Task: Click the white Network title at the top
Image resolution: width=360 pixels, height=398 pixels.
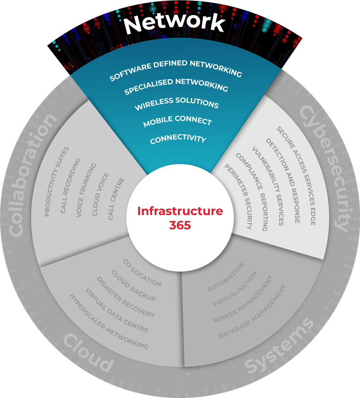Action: point(174,23)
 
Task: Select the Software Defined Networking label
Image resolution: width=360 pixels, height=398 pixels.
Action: point(176,70)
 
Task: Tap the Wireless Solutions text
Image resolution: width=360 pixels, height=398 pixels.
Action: point(176,104)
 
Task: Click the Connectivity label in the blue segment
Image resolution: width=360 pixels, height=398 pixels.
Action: point(178,139)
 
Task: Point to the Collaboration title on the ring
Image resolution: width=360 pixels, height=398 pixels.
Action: point(34,175)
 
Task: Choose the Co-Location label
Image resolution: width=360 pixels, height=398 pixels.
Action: point(142,273)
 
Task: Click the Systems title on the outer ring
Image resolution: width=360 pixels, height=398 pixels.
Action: point(279,347)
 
